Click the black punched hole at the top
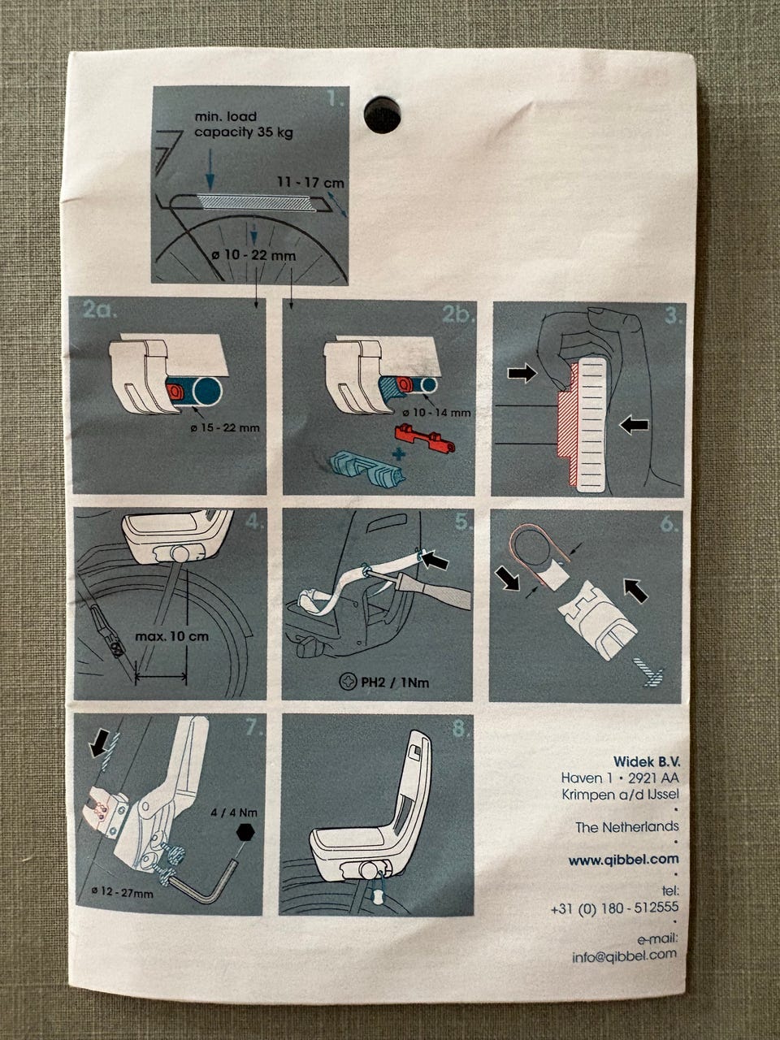tap(382, 115)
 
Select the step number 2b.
tap(458, 314)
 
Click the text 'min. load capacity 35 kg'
tap(244, 124)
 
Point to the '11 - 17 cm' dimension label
tap(310, 183)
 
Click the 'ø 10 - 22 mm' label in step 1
tap(253, 256)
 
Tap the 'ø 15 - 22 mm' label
tap(225, 428)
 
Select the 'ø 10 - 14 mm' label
tap(436, 412)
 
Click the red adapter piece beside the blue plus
tap(425, 438)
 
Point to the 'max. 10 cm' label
tap(172, 636)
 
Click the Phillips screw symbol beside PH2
tap(348, 682)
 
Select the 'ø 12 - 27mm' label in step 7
tap(122, 893)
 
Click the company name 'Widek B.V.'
tap(647, 761)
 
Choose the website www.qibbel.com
tap(623, 859)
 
